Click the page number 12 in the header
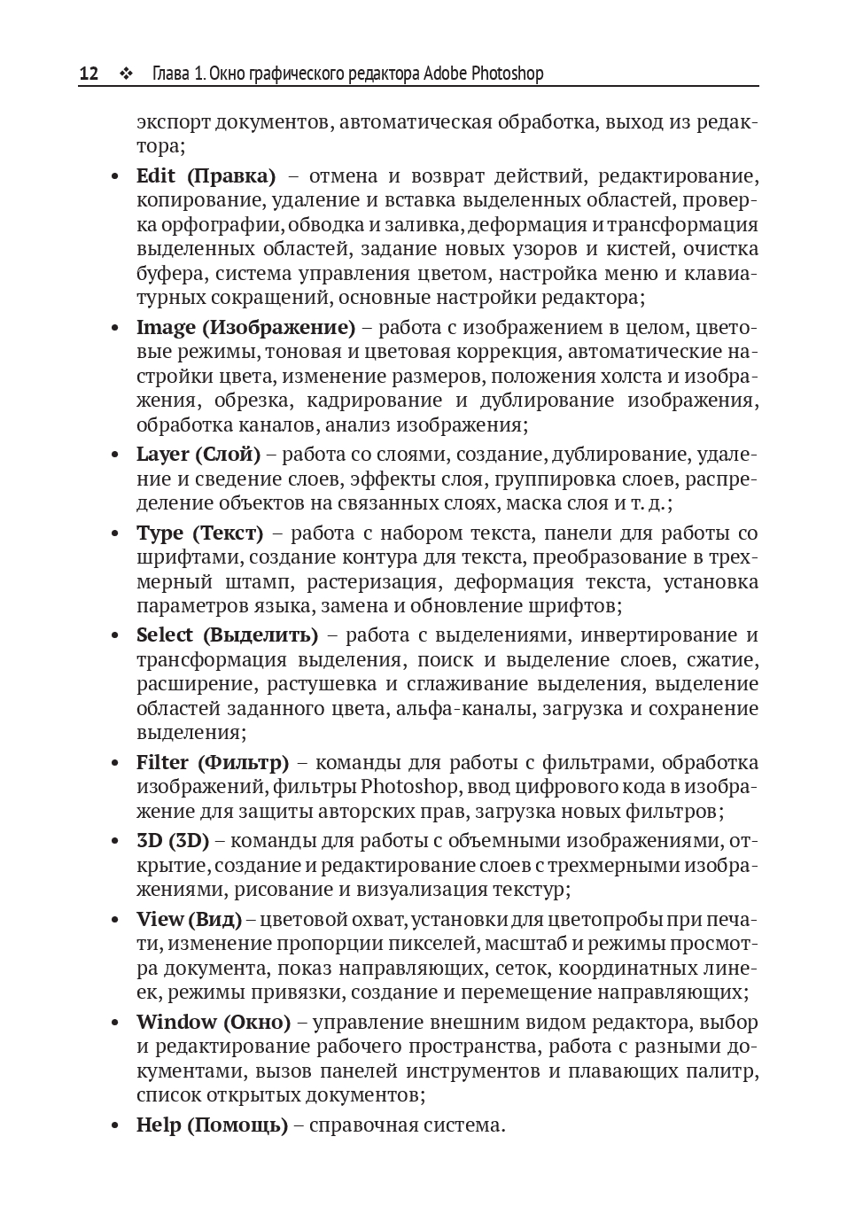(x=89, y=74)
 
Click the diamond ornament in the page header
(x=125, y=74)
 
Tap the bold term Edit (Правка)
(x=206, y=176)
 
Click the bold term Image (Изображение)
(x=245, y=328)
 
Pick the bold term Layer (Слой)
(x=198, y=455)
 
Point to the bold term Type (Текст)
(x=199, y=533)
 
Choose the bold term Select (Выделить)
(x=227, y=635)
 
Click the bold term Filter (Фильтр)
(x=213, y=763)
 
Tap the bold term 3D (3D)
(x=172, y=841)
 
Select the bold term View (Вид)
(x=189, y=920)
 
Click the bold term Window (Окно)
(x=214, y=1023)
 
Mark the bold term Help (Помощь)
(x=212, y=1125)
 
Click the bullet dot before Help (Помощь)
(x=114, y=1126)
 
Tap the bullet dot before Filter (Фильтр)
(x=114, y=764)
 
